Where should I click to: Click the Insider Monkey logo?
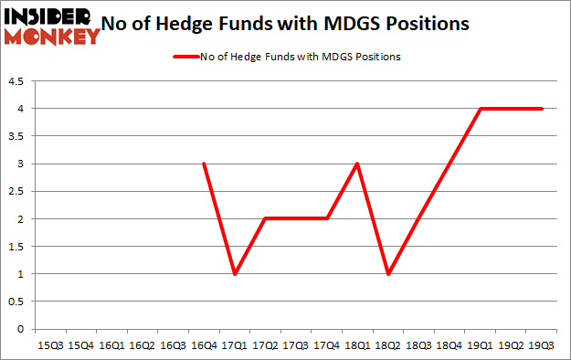tap(51, 25)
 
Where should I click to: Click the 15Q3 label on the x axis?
tap(49, 344)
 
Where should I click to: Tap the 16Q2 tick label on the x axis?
tap(142, 344)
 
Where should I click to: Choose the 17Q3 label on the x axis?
tap(295, 344)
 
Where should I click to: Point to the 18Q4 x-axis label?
tap(449, 344)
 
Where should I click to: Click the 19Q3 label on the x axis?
tap(541, 344)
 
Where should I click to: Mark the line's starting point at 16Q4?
tap(203, 164)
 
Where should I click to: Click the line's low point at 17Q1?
tap(234, 274)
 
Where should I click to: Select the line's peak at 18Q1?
tap(356, 164)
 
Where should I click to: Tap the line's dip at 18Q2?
tap(387, 274)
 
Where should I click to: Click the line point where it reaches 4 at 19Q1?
tap(480, 109)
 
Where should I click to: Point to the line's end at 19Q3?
tap(541, 109)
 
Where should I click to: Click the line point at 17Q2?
tap(264, 219)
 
